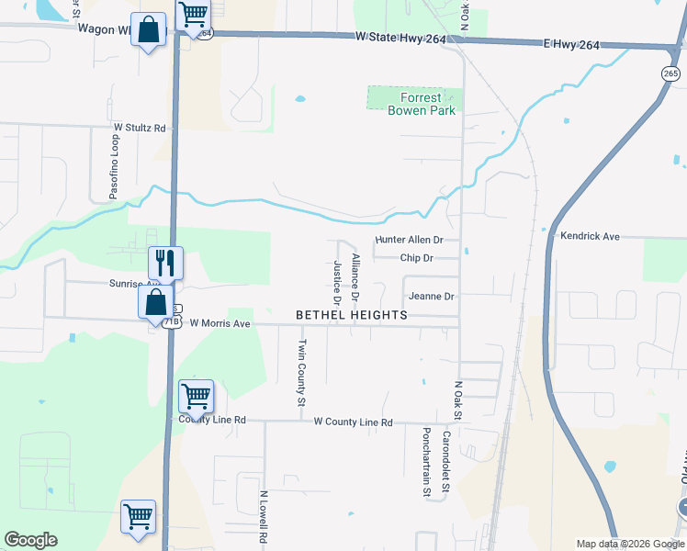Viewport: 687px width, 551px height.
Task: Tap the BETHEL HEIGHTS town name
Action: pos(352,315)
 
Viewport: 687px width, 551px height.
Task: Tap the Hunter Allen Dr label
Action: pos(410,240)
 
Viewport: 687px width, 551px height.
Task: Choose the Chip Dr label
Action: pos(416,258)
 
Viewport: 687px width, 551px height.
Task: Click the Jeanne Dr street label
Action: pos(432,297)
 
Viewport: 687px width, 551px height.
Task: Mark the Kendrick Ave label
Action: pos(591,236)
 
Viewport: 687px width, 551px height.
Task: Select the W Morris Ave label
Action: pos(220,323)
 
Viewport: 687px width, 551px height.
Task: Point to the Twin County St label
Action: pos(300,372)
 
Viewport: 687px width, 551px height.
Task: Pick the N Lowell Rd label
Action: pos(263,520)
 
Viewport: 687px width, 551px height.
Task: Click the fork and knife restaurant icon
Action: pos(166,263)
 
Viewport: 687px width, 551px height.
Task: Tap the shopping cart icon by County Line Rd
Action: pos(197,397)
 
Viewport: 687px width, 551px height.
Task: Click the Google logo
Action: pos(30,540)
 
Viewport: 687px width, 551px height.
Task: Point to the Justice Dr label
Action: pos(337,283)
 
